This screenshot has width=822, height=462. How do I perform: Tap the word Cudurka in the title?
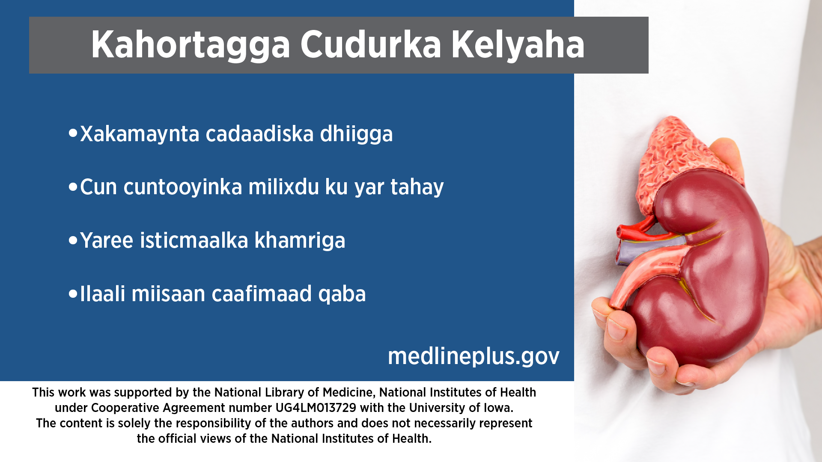(x=370, y=44)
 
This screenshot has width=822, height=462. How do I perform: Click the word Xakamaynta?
(x=140, y=134)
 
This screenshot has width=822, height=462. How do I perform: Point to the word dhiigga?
(x=356, y=134)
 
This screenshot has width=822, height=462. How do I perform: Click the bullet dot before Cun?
(x=73, y=187)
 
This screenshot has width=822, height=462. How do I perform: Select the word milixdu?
(x=283, y=187)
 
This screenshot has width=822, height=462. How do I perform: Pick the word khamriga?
(x=300, y=241)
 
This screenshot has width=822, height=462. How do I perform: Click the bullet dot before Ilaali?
(x=73, y=294)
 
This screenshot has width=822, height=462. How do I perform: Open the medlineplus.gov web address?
(x=474, y=356)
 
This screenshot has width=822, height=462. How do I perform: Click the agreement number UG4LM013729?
(x=316, y=408)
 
